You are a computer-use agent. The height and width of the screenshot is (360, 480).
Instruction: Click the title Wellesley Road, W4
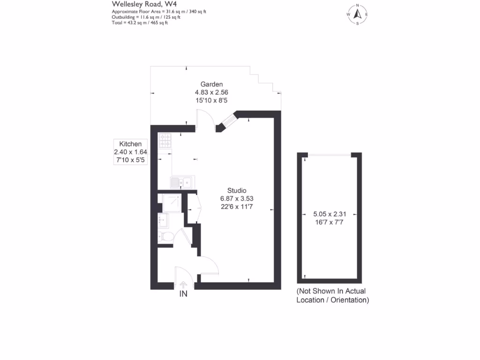point(137,4)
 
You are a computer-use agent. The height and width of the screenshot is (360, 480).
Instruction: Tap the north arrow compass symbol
point(357,15)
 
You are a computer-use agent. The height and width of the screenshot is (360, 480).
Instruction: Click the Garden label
point(211,84)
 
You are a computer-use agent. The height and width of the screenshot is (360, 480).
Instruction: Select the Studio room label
point(237,190)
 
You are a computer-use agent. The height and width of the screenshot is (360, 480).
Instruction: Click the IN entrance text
point(183,294)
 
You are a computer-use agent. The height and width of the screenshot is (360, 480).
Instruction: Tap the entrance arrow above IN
point(183,285)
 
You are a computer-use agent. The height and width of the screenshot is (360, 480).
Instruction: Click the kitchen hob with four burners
point(165,141)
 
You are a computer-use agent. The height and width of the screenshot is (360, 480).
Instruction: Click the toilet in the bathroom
point(165,236)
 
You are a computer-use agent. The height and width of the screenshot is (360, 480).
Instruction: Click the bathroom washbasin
point(163,219)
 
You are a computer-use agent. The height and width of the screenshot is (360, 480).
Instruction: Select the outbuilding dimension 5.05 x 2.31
point(330,214)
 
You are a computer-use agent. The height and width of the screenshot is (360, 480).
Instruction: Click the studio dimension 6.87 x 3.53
point(237,199)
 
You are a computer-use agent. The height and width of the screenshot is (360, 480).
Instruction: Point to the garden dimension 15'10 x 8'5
point(211,100)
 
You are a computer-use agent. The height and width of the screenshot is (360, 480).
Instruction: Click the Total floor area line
point(140,22)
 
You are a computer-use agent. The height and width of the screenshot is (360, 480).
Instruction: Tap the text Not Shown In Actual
point(332,292)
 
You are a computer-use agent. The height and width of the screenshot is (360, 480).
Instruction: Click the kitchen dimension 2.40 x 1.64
point(131,152)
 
